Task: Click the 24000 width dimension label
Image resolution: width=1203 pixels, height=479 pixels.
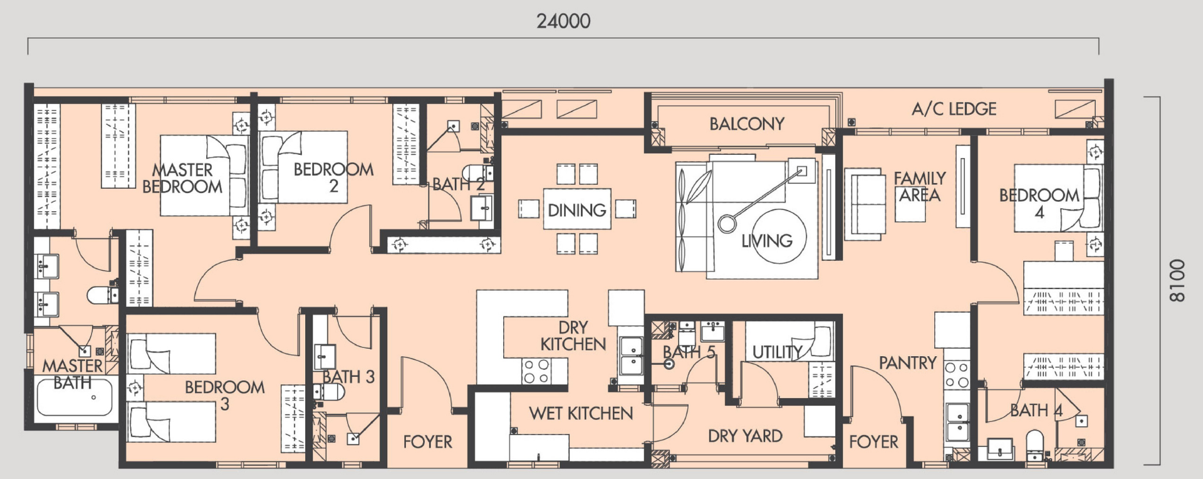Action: tap(563, 21)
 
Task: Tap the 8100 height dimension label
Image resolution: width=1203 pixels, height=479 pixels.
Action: tap(1177, 280)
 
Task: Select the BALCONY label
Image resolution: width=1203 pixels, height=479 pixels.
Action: tap(747, 124)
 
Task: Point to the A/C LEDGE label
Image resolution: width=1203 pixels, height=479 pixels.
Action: tap(954, 109)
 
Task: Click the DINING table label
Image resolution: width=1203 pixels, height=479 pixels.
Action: tap(577, 210)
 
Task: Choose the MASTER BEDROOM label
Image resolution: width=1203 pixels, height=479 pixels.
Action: tap(182, 178)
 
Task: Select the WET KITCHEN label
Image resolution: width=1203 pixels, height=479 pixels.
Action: tap(581, 413)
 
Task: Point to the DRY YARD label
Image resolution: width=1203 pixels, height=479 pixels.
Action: tap(745, 436)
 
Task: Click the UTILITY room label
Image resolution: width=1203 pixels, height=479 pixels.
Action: tap(777, 352)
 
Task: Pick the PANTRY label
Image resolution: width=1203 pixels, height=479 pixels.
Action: tap(907, 362)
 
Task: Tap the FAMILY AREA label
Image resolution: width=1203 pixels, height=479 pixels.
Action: tap(920, 187)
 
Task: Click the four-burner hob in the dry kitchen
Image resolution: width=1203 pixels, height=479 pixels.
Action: tap(537, 371)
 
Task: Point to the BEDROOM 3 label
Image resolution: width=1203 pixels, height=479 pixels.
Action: tap(224, 396)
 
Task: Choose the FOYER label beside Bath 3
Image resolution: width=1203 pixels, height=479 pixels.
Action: tap(427, 441)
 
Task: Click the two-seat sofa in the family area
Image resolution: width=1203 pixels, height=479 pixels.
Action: tap(865, 204)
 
